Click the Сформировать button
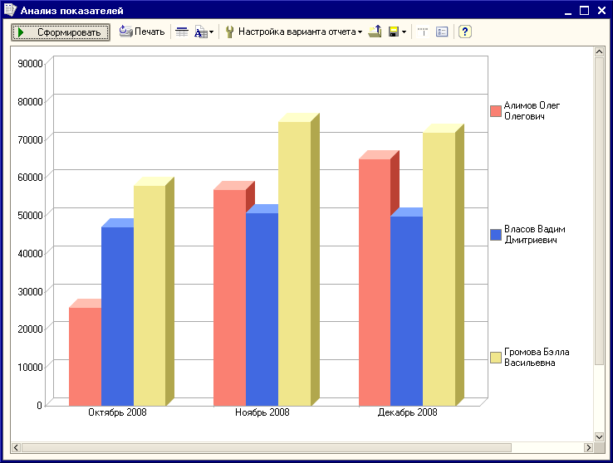point(61,32)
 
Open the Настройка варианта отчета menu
point(294,32)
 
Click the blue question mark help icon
point(465,32)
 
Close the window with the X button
point(601,11)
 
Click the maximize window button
point(584,11)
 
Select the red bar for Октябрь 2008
point(86,357)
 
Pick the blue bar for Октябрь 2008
point(117,316)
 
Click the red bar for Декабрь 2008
point(375,282)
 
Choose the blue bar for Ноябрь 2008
point(262,309)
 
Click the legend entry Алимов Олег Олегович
point(525,111)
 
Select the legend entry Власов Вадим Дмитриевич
point(527,235)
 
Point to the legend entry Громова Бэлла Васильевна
point(530,357)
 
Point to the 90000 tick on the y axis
point(30,64)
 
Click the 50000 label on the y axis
point(30,216)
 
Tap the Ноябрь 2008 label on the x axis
point(262,412)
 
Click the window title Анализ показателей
point(72,11)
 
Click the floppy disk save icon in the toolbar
point(394,32)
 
